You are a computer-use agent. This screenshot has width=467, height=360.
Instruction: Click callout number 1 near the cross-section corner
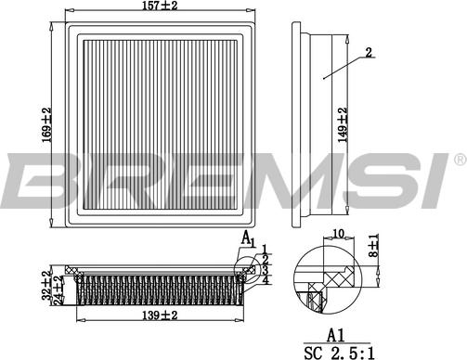pyautogui.click(x=264, y=249)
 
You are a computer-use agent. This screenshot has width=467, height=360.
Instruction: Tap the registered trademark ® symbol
pyautogui.click(x=459, y=161)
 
